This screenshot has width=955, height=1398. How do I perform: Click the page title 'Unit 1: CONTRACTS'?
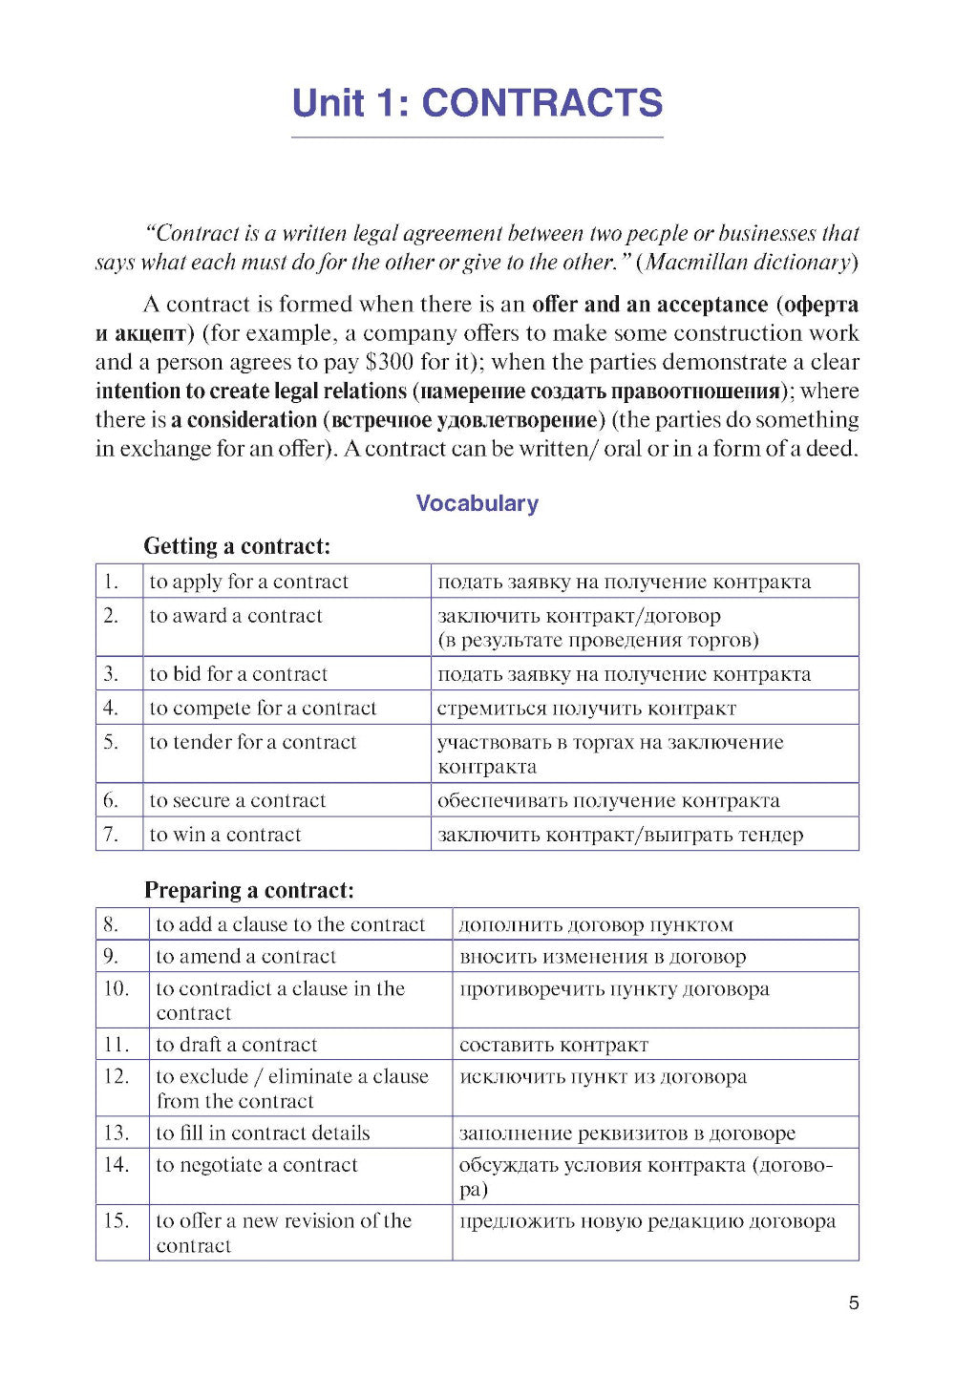coord(477,103)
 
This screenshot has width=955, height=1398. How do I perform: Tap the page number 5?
coord(853,1303)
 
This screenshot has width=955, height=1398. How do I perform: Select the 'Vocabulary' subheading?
coord(477,503)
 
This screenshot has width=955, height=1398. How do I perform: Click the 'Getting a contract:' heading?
coord(237,546)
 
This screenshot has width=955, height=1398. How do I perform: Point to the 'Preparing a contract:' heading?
coord(248,890)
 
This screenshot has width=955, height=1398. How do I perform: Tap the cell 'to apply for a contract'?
coord(248,582)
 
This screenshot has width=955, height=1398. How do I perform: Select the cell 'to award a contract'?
coord(236,616)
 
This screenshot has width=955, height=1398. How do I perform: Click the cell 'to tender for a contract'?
coord(252,742)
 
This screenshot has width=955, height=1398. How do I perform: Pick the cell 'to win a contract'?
coord(225,835)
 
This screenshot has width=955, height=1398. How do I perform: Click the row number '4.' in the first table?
coord(111,708)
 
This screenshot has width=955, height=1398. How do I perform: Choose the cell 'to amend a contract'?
coord(245,956)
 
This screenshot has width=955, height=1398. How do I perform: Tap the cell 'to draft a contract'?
coord(236,1045)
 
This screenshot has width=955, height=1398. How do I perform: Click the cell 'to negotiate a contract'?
coord(256,1165)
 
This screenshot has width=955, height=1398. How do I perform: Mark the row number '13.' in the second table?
coord(117,1133)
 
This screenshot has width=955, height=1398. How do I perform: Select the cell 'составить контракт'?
coord(553,1045)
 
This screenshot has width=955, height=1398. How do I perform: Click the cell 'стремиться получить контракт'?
coord(586,709)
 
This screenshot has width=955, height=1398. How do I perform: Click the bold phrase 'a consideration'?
coord(244,419)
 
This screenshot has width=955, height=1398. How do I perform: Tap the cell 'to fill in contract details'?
coord(263,1133)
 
